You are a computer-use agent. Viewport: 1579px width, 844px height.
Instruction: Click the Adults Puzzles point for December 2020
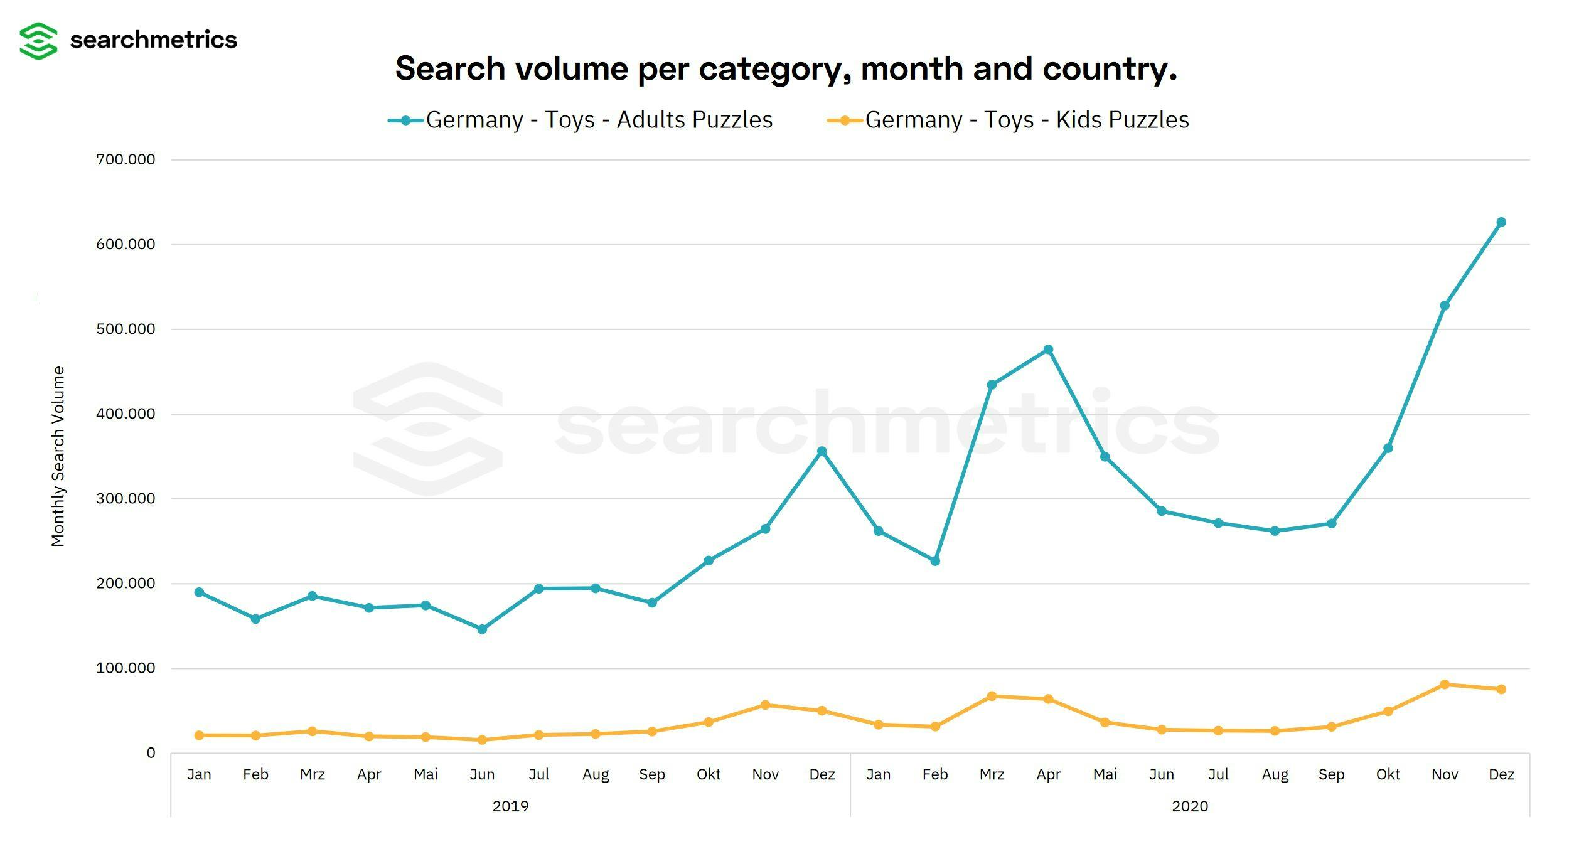coord(1501,222)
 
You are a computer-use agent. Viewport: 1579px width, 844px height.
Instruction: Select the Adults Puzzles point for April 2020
coord(1048,350)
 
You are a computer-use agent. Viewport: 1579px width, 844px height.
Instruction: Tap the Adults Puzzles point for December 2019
coord(822,451)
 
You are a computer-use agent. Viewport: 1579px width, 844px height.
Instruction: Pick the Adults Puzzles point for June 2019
coord(482,629)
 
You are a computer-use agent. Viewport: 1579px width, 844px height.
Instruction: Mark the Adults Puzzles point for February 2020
coord(935,561)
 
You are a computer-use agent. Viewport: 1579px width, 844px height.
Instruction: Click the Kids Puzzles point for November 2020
coord(1445,684)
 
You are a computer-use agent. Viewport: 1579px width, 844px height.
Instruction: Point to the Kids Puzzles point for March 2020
coord(992,696)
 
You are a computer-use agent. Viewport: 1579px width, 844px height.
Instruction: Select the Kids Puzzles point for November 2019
coord(765,705)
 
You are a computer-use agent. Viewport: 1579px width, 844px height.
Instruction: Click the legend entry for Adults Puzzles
coord(581,120)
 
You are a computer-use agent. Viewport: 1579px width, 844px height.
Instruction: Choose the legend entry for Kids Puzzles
coord(1008,120)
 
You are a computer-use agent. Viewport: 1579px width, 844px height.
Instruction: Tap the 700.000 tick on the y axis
coord(126,159)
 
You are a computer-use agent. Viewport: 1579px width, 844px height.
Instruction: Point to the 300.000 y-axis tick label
coord(126,499)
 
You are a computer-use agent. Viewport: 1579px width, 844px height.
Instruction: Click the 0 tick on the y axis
coord(151,753)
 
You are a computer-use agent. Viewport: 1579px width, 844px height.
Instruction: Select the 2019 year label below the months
coord(510,806)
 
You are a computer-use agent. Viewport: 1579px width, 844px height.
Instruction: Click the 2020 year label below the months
coord(1189,806)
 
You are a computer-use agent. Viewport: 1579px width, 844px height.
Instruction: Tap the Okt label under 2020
coord(1388,774)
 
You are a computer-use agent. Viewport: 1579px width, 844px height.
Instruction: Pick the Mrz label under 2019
coord(313,774)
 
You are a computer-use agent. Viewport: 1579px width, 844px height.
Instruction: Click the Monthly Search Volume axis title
coord(58,456)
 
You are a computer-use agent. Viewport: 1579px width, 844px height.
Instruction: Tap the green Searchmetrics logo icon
coord(38,41)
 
